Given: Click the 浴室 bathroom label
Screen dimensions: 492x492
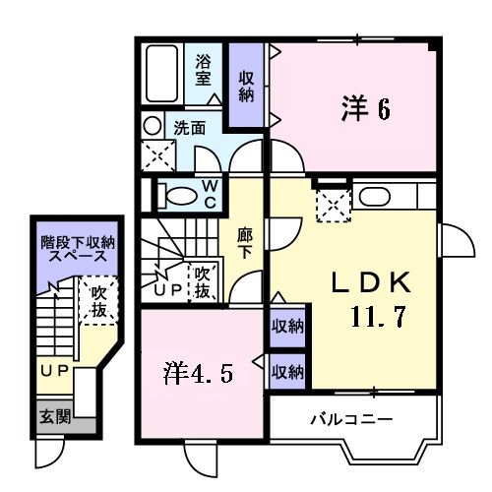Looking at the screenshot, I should (204, 68).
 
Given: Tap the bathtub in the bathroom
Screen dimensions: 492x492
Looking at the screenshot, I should (161, 75).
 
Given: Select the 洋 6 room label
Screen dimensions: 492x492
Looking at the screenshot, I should (366, 108).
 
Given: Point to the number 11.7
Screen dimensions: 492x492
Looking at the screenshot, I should (377, 318).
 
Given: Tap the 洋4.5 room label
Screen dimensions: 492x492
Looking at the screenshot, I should (199, 373).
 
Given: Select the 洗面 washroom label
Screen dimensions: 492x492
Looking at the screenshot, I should (190, 128).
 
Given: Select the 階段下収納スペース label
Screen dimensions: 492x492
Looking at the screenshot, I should (78, 249).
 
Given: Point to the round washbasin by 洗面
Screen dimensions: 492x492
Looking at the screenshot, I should (152, 126).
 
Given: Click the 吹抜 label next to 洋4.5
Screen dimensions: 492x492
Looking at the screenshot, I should (202, 282).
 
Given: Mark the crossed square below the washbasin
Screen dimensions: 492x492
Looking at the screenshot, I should (155, 156).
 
